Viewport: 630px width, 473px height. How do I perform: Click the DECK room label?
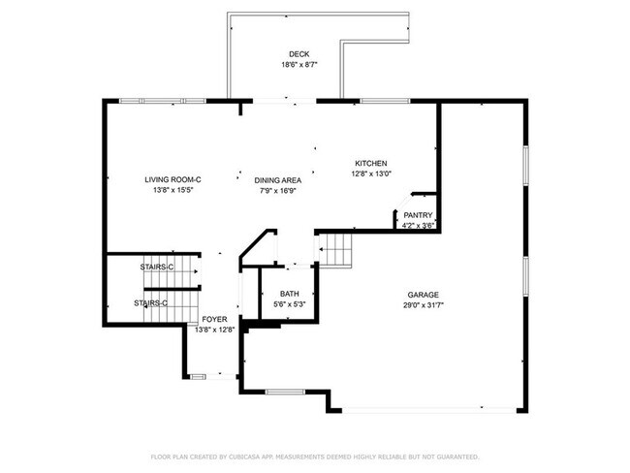click(x=299, y=53)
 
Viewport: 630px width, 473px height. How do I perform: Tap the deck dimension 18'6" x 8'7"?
click(x=299, y=65)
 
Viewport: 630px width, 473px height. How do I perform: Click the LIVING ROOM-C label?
click(x=173, y=179)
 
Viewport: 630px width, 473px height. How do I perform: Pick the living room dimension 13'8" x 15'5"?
click(x=173, y=191)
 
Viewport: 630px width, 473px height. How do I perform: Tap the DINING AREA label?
click(x=277, y=180)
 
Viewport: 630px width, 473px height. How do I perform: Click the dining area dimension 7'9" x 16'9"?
click(x=277, y=191)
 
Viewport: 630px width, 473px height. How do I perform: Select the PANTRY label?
click(x=418, y=215)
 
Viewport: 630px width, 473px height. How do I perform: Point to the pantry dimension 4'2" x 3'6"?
click(x=418, y=226)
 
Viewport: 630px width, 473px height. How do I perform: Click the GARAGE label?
click(x=423, y=295)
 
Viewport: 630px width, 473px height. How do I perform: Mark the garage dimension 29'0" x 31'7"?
click(x=423, y=305)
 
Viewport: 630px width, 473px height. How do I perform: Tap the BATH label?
click(x=289, y=294)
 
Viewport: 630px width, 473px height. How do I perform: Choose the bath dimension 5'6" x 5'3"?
click(x=289, y=304)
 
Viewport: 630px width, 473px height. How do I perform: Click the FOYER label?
click(x=213, y=319)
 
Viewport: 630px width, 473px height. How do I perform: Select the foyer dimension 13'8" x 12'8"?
click(x=213, y=330)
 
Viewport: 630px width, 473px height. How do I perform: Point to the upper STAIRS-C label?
click(x=157, y=267)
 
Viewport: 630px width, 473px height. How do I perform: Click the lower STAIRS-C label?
click(x=150, y=303)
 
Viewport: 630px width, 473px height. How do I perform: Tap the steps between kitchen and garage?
click(x=336, y=251)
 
